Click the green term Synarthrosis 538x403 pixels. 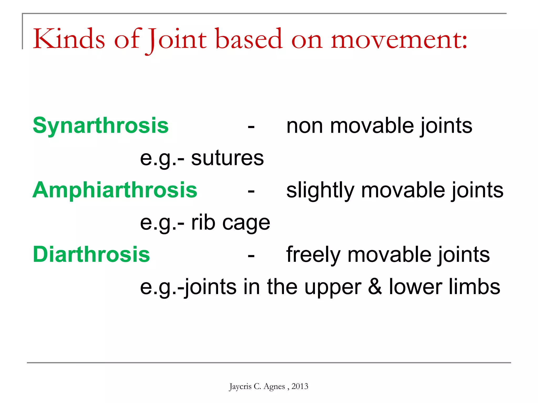101,126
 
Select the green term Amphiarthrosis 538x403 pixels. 115,190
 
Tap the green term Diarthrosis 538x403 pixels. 91,254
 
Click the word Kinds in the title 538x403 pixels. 69,39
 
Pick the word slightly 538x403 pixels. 320,190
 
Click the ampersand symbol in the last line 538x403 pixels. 375,287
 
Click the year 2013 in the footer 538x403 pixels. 300,386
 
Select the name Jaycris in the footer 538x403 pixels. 240,386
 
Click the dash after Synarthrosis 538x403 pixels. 251,128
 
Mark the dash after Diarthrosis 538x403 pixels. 251,256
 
